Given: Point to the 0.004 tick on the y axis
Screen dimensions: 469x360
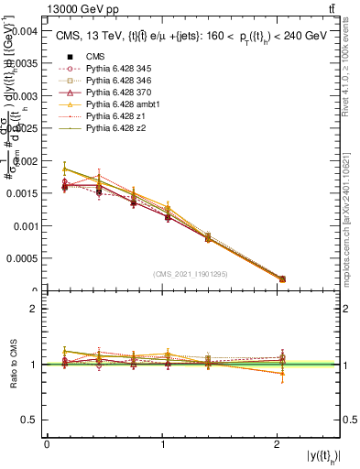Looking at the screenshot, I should tap(25, 30).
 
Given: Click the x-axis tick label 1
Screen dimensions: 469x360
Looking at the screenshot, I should tap(162, 443).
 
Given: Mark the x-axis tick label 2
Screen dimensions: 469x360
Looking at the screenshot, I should tap(278, 443).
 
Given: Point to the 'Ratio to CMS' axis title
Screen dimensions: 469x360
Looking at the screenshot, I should tap(13, 365).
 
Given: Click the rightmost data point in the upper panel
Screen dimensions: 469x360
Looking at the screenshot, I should tap(282, 278).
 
